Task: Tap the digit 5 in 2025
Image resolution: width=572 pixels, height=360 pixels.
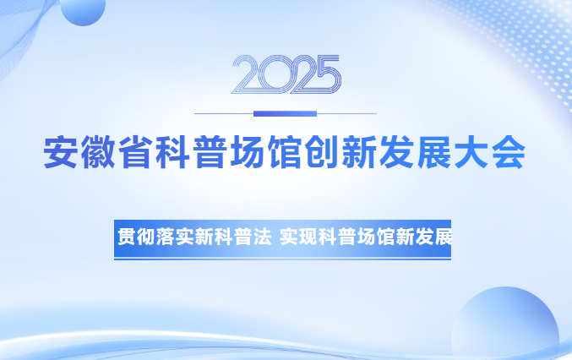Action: coord(326,74)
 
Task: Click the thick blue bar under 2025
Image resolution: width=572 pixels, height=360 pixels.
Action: coord(286,113)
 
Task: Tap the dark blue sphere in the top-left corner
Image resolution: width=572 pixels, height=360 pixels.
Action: coord(82,8)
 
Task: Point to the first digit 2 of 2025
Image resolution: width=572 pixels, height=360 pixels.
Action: coord(245,74)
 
